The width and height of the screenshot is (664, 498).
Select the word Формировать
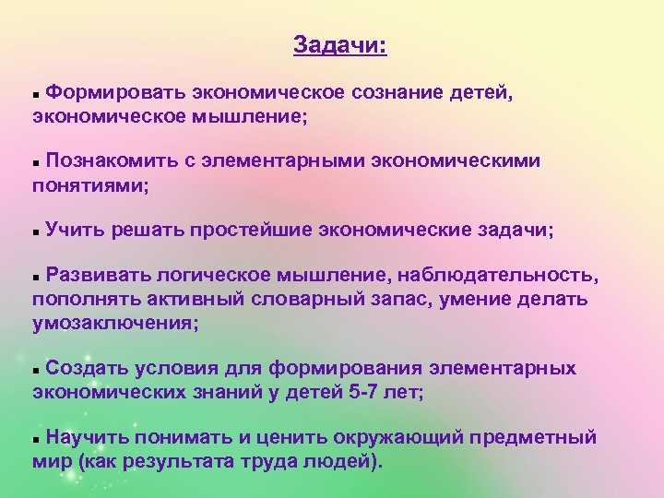tap(117, 92)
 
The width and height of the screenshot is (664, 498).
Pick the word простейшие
tap(250, 229)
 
